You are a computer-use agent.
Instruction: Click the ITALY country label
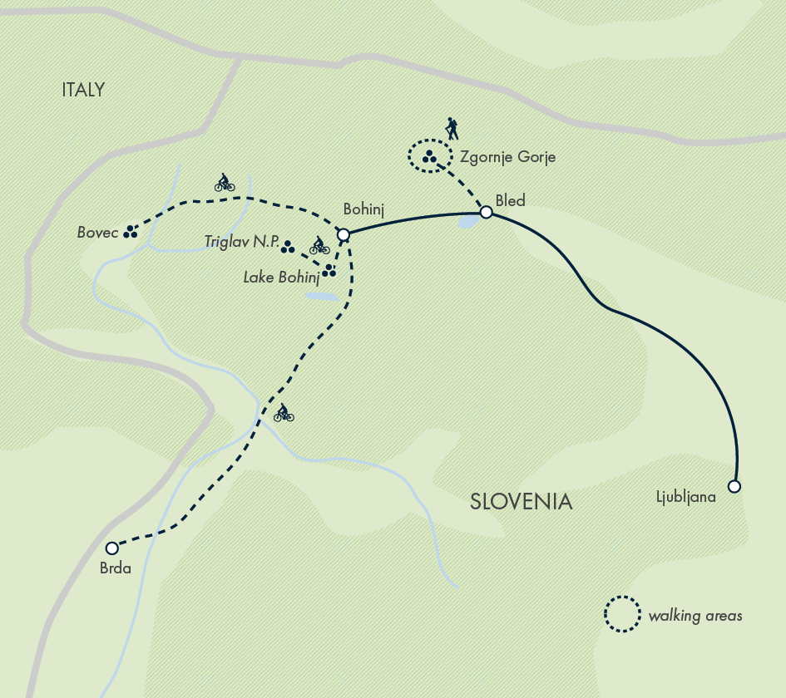point(83,90)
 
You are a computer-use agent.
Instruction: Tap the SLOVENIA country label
point(521,502)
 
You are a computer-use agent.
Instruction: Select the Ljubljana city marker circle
point(734,486)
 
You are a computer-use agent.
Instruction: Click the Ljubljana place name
point(686,498)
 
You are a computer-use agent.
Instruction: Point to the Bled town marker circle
point(487,213)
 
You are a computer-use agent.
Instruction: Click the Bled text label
point(510,199)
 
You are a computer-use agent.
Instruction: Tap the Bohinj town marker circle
point(343,235)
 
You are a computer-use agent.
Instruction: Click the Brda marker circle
point(112,548)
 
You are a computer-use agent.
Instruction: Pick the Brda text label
point(116,569)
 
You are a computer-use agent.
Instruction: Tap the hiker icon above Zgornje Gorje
point(452,128)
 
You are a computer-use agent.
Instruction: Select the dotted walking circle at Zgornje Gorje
point(428,155)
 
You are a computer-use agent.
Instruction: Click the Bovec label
point(97,233)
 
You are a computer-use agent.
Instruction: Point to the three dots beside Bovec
point(130,232)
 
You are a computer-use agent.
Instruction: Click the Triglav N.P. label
point(241,242)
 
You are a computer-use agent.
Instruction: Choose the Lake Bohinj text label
point(281,278)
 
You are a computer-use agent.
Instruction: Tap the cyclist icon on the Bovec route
point(224,183)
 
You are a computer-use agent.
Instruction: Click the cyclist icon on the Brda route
point(284,412)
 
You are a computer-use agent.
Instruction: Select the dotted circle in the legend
point(621,615)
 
